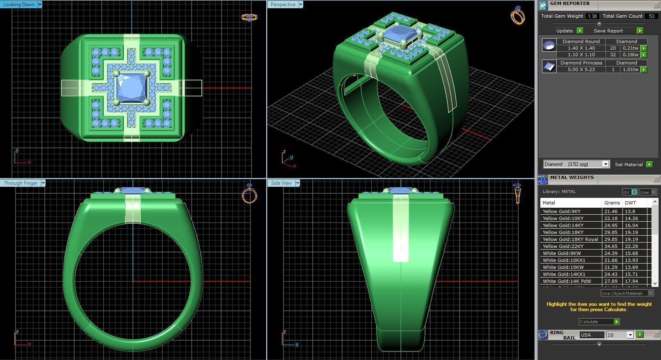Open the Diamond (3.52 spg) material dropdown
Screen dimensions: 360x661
pos(605,164)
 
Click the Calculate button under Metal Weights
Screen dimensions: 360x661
pos(599,322)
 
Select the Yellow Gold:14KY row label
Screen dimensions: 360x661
pos(563,225)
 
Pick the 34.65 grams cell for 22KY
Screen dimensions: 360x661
pos(611,246)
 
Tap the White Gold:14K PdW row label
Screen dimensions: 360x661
pos(567,281)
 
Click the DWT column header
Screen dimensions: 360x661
pos(630,203)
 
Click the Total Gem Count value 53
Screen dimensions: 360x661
pos(651,16)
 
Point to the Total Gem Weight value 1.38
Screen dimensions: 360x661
pos(592,16)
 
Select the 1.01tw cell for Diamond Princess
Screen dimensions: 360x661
pos(630,69)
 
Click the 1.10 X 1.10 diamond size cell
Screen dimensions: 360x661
pos(581,55)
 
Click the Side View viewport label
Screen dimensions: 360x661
pos(281,183)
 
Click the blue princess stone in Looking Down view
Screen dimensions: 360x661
pos(131,88)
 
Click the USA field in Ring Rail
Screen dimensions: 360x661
pos(591,335)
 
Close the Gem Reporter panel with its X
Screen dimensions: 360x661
pos(656,5)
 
